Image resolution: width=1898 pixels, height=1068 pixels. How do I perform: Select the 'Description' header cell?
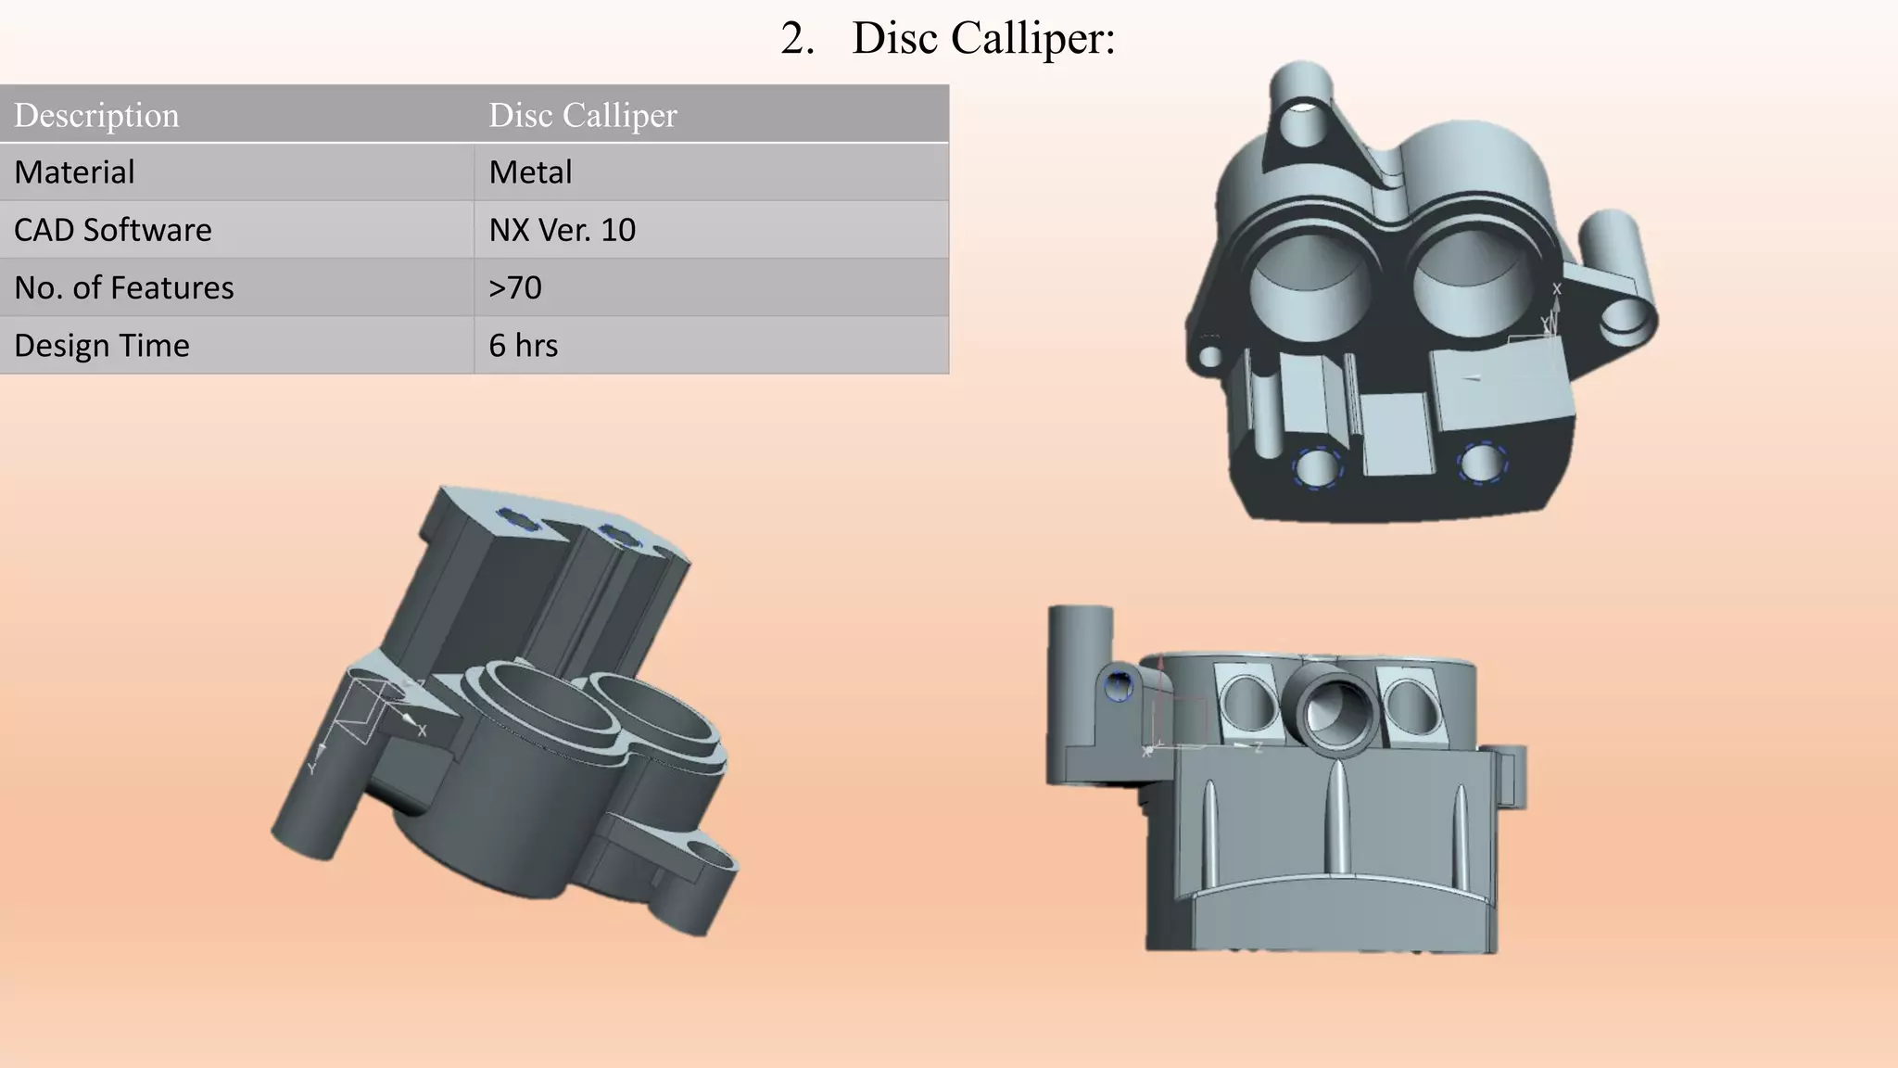pos(96,115)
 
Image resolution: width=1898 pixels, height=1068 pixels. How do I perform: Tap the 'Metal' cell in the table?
pos(530,172)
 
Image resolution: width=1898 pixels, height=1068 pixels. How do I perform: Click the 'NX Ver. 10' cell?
pos(562,230)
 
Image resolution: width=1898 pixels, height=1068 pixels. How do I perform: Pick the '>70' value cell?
pos(514,287)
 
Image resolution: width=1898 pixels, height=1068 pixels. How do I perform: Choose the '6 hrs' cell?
pos(523,345)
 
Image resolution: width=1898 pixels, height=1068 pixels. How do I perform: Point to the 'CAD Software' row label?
pos(113,230)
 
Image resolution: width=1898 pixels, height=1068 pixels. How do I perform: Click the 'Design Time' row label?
pos(102,345)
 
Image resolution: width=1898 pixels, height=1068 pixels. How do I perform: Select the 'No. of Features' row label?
pos(124,287)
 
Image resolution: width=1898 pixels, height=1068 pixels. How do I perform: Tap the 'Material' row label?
pos(74,172)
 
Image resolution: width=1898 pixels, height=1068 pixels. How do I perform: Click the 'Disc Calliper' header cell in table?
pos(582,115)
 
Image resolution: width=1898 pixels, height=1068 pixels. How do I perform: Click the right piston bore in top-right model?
pos(1472,274)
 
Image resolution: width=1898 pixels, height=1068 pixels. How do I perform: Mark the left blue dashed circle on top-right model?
pos(1317,468)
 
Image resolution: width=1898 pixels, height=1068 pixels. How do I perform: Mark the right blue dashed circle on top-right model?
pos(1481,462)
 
